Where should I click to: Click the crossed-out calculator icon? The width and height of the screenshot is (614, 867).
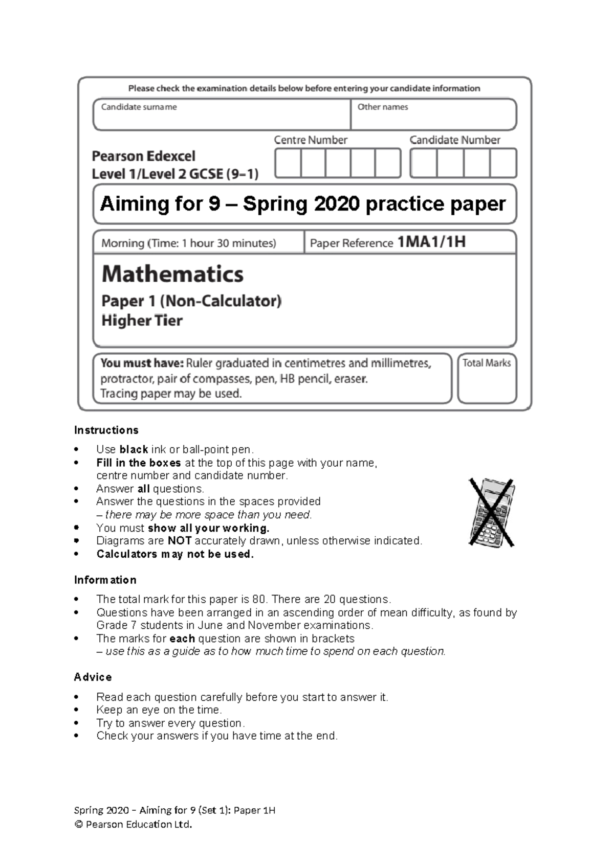(491, 512)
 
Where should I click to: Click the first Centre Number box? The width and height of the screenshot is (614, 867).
(288, 163)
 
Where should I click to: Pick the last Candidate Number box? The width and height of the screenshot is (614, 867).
(503, 163)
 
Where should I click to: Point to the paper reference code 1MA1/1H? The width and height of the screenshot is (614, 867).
(431, 242)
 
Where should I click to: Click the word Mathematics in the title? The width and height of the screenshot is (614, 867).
(172, 274)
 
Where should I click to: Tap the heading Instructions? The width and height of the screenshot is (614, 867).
(106, 430)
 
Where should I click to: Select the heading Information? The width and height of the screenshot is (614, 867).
(105, 580)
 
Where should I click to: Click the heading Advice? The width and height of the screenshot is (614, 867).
(93, 677)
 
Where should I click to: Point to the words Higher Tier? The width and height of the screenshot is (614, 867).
(142, 321)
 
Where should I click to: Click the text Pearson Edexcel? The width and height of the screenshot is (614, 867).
(143, 156)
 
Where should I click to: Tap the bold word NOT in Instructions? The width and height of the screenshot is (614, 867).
(180, 541)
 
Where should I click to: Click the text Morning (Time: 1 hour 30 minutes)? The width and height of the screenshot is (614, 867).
(188, 243)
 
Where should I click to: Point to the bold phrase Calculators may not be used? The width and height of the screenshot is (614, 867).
(175, 554)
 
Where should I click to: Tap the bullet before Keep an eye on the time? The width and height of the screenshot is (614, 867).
(77, 710)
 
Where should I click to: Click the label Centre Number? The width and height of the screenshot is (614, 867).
(311, 140)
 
